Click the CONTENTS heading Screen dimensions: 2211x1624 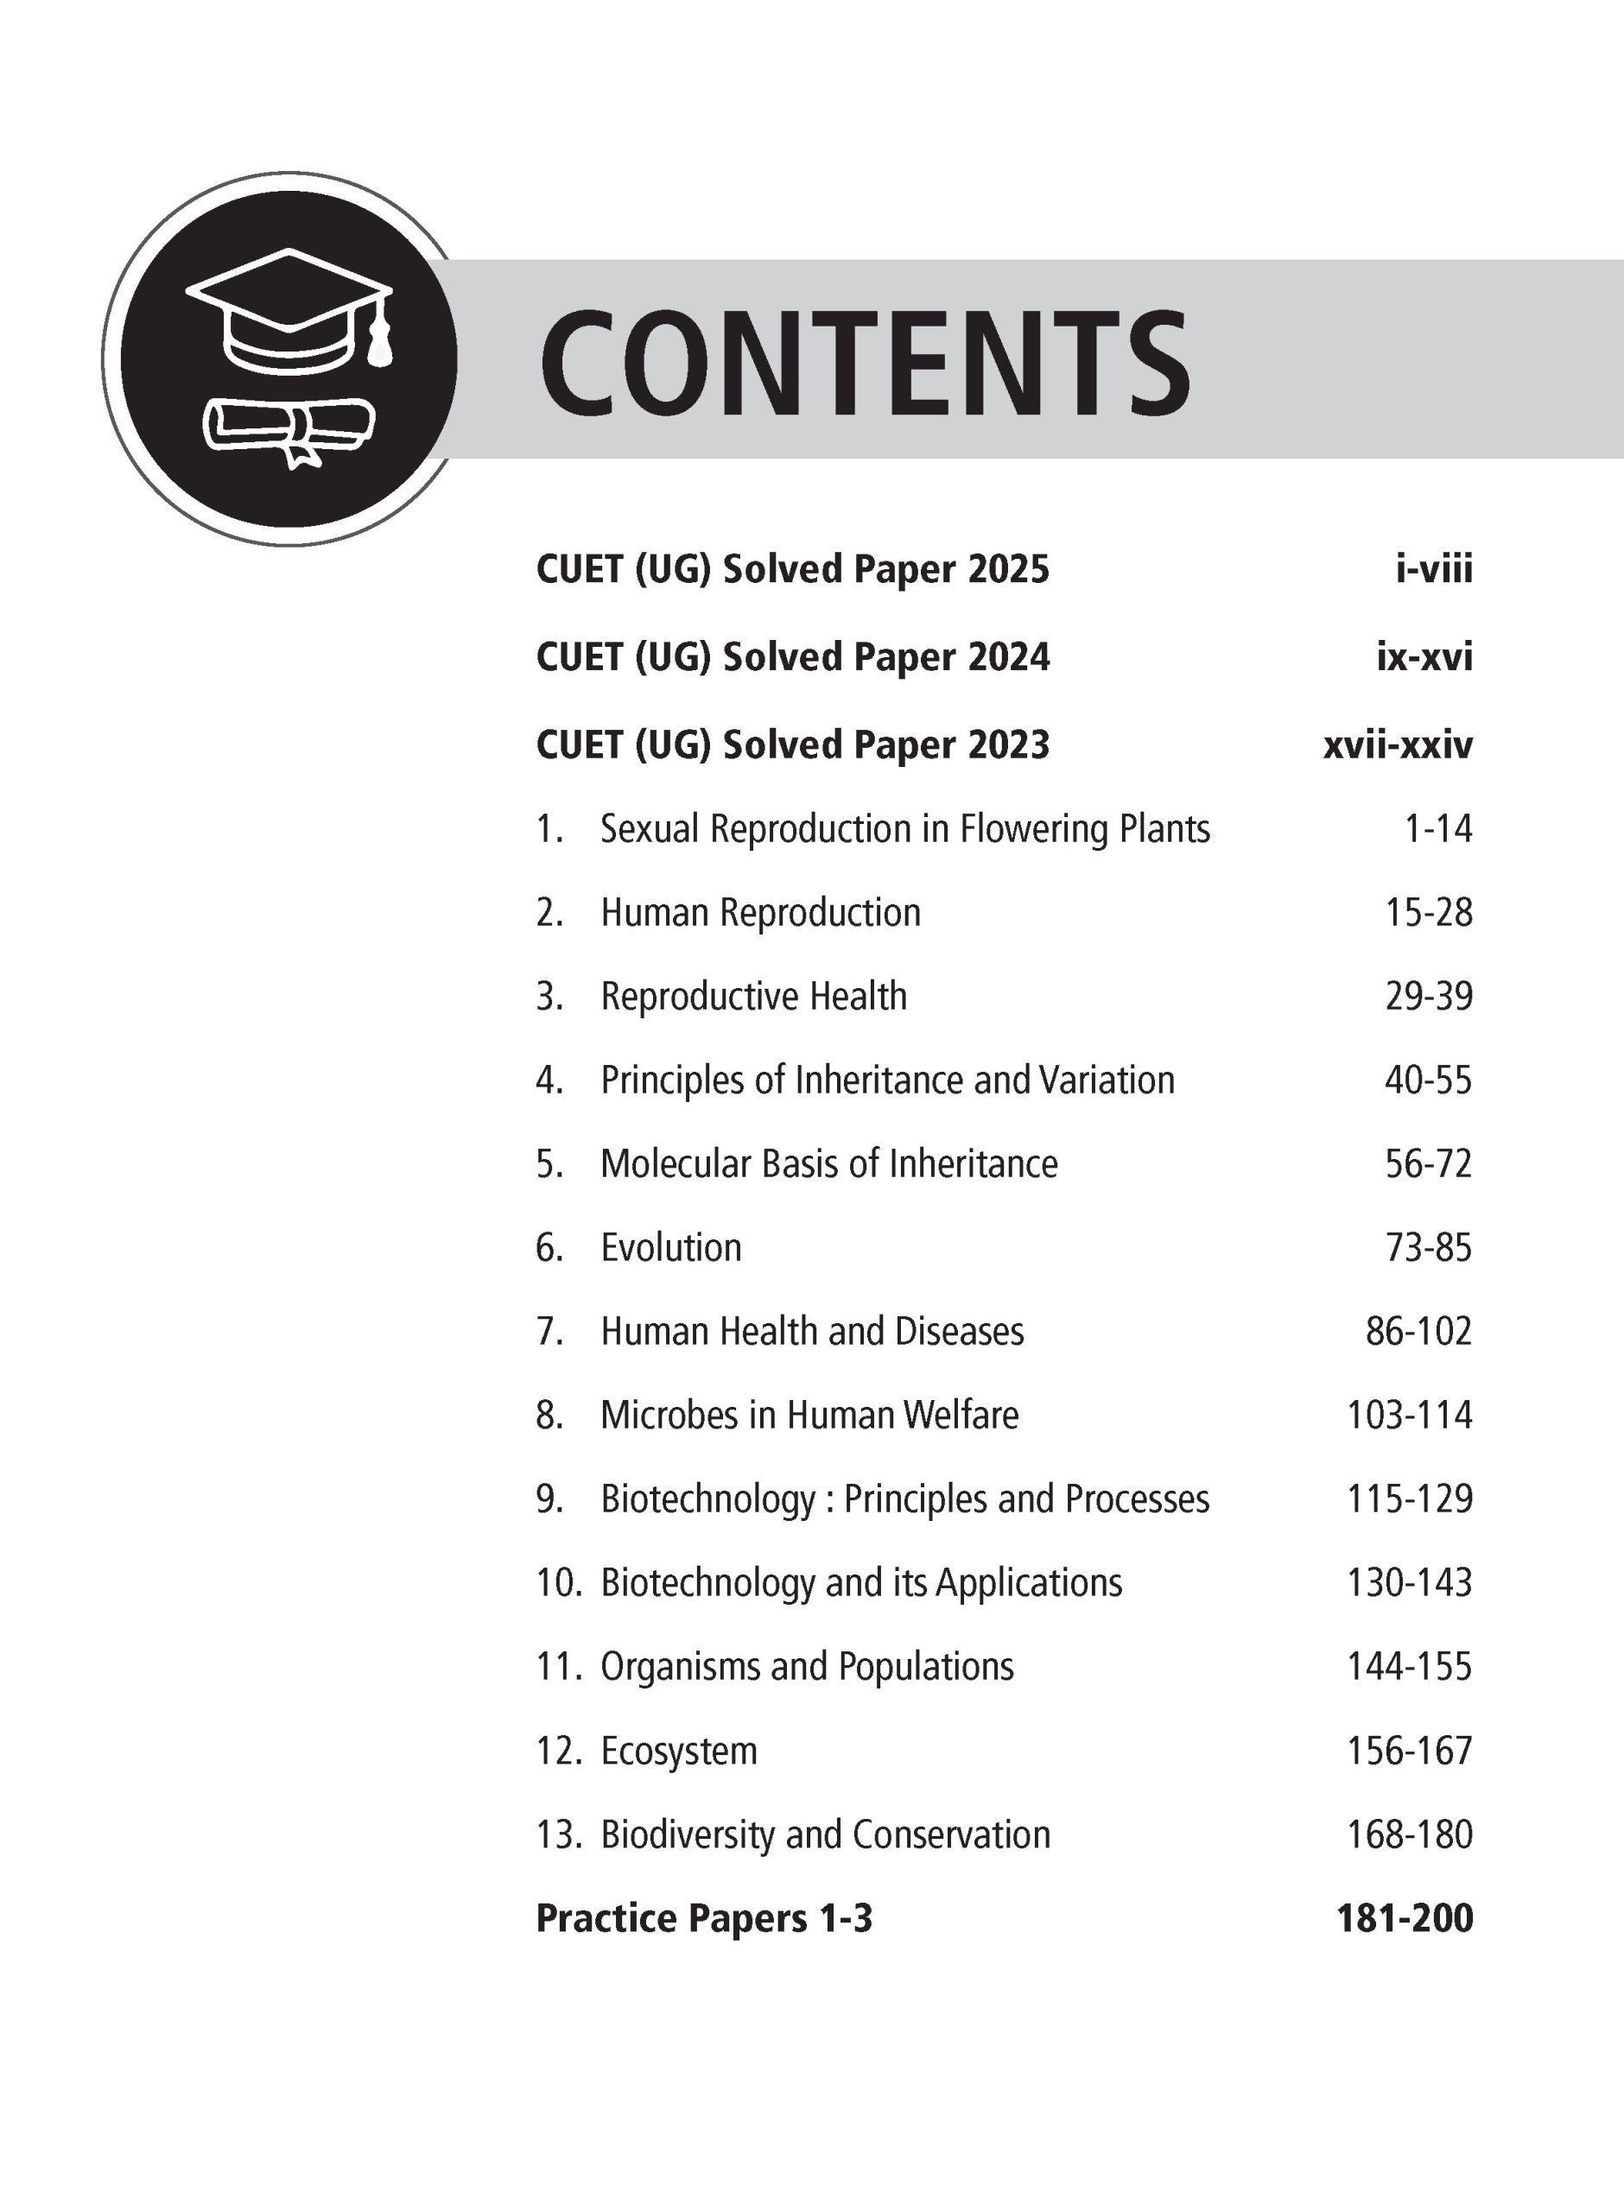865,362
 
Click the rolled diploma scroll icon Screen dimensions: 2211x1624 289,428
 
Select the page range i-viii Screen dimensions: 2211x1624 1433,569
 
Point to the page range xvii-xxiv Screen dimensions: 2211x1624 1397,744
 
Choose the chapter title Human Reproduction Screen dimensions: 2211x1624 760,913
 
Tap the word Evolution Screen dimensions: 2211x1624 670,1248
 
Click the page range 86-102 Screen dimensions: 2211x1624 1418,1332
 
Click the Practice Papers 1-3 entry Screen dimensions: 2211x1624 704,1918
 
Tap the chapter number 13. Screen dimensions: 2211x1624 558,1834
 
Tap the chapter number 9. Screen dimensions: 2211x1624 549,1498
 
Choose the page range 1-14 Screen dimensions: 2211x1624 1437,828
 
